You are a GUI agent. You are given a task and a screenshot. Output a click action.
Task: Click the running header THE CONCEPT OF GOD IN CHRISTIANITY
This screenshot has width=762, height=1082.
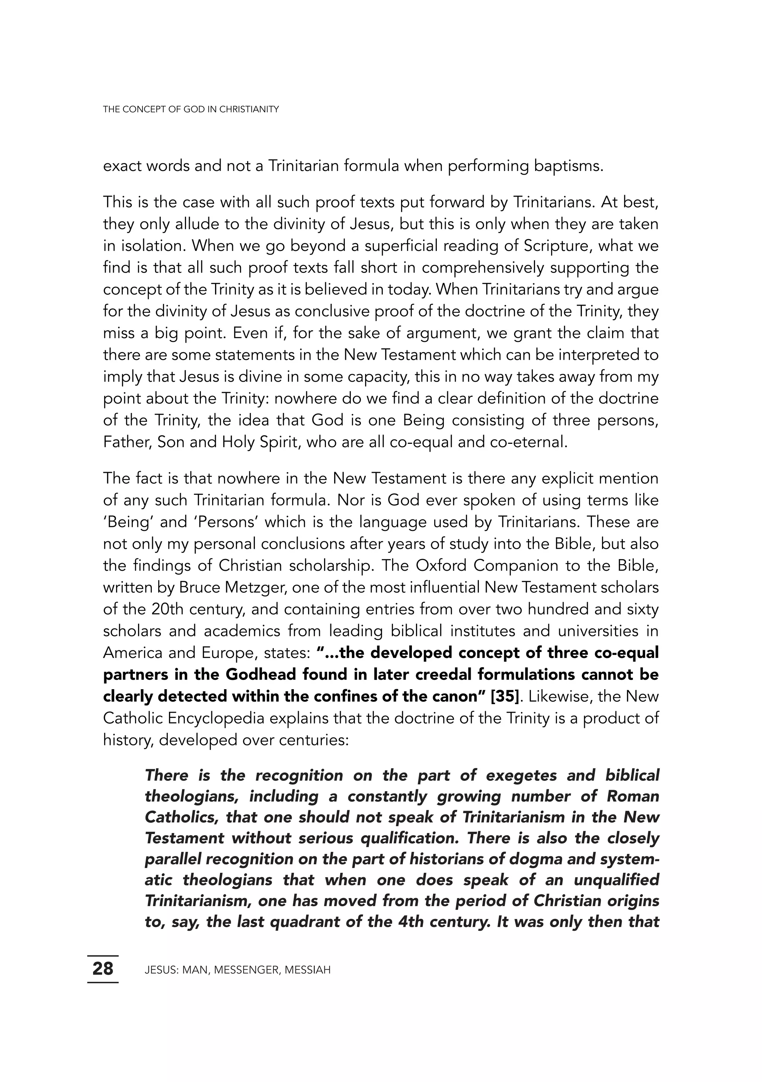(191, 109)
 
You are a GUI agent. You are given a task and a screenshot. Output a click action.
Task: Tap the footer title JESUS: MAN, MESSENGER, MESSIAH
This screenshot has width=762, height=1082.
(237, 970)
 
